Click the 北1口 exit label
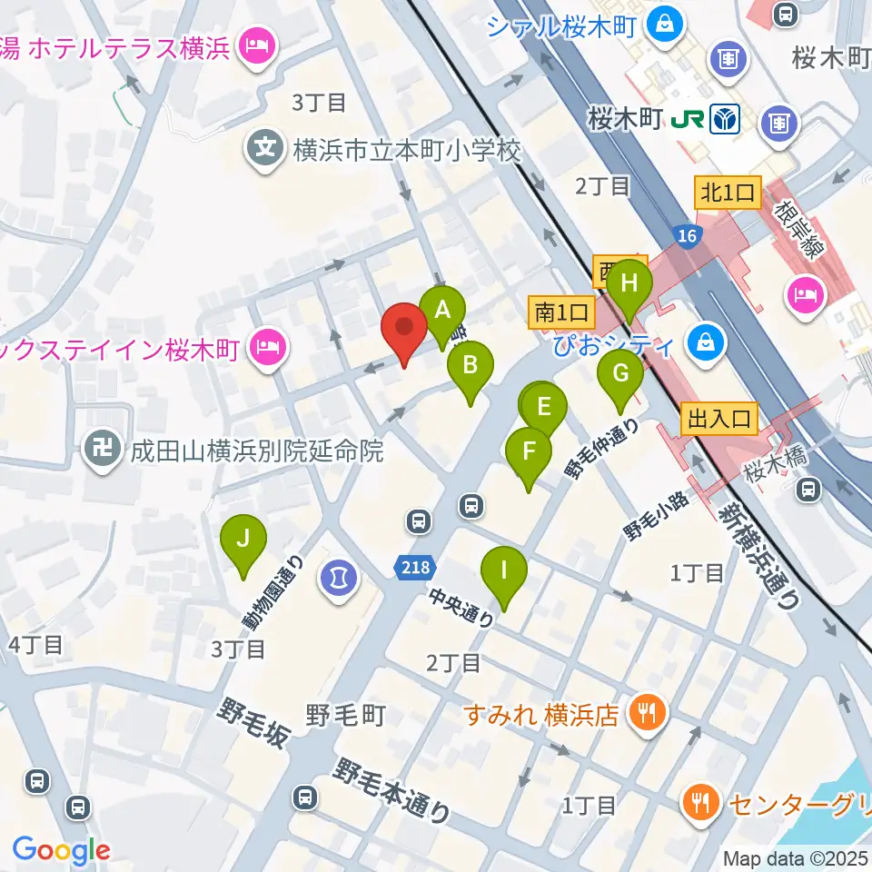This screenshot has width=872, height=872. pos(728,192)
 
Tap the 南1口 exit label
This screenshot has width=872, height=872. pos(561,312)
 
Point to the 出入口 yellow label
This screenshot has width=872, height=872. pos(719,418)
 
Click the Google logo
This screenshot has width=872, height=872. pos(61,851)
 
